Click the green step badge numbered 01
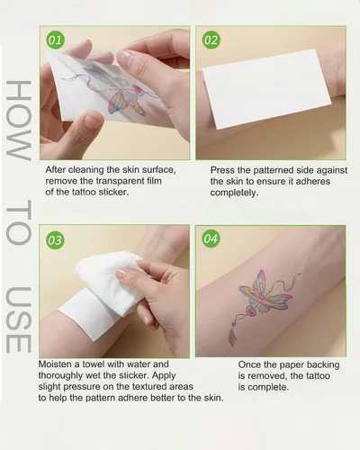tap(55, 40)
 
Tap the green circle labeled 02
tap(211, 40)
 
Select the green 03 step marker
tap(55, 240)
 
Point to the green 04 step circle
tap(211, 238)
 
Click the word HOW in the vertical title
tap(19, 121)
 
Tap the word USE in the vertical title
tap(19, 319)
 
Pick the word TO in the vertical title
tap(19, 222)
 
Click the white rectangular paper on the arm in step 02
tap(266, 89)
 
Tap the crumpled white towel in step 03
tap(111, 281)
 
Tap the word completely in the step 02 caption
tap(234, 193)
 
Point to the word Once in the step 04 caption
tap(249, 364)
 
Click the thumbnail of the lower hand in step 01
tap(94, 119)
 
